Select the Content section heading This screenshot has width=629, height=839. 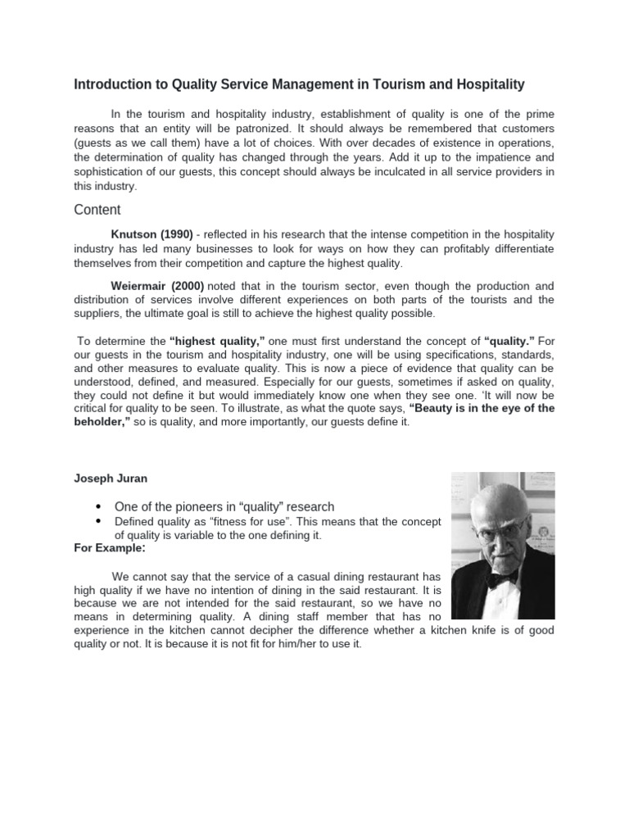97,210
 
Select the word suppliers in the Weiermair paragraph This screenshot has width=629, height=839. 98,315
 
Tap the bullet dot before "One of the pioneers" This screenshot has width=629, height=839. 99,506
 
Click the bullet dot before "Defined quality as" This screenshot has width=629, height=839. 99,521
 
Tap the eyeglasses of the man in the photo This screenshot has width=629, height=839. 500,522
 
